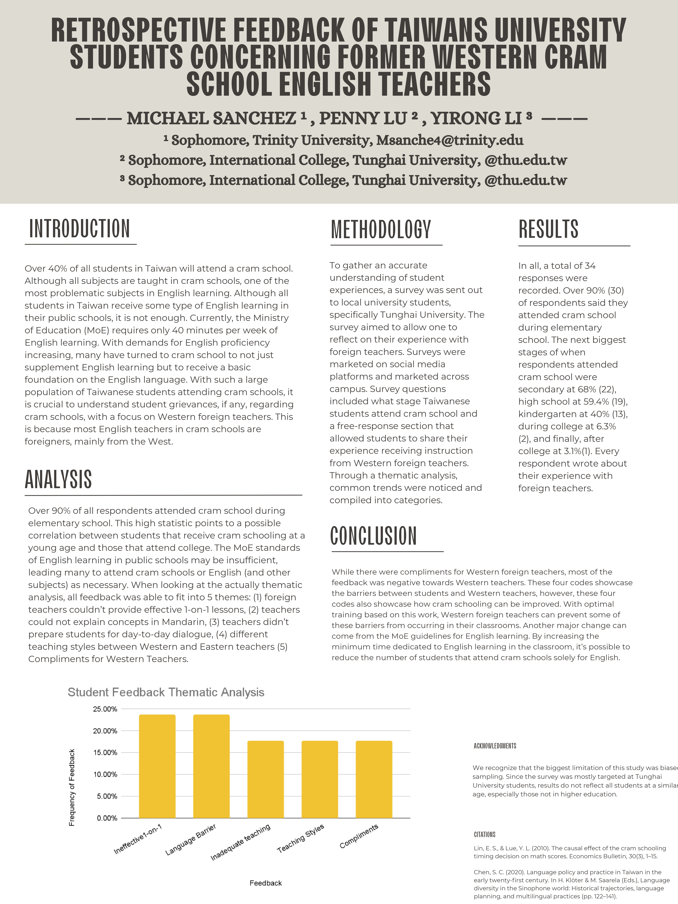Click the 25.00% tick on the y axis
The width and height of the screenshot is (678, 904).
(x=105, y=709)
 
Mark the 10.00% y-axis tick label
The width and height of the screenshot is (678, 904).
(x=105, y=774)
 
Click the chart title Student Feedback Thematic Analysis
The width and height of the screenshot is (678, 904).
(x=166, y=692)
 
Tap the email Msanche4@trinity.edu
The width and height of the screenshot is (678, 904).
(x=449, y=140)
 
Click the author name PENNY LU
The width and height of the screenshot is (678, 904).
(x=363, y=119)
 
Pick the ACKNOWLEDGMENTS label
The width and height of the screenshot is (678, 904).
(x=495, y=746)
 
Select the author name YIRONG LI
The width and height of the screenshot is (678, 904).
(x=476, y=119)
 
